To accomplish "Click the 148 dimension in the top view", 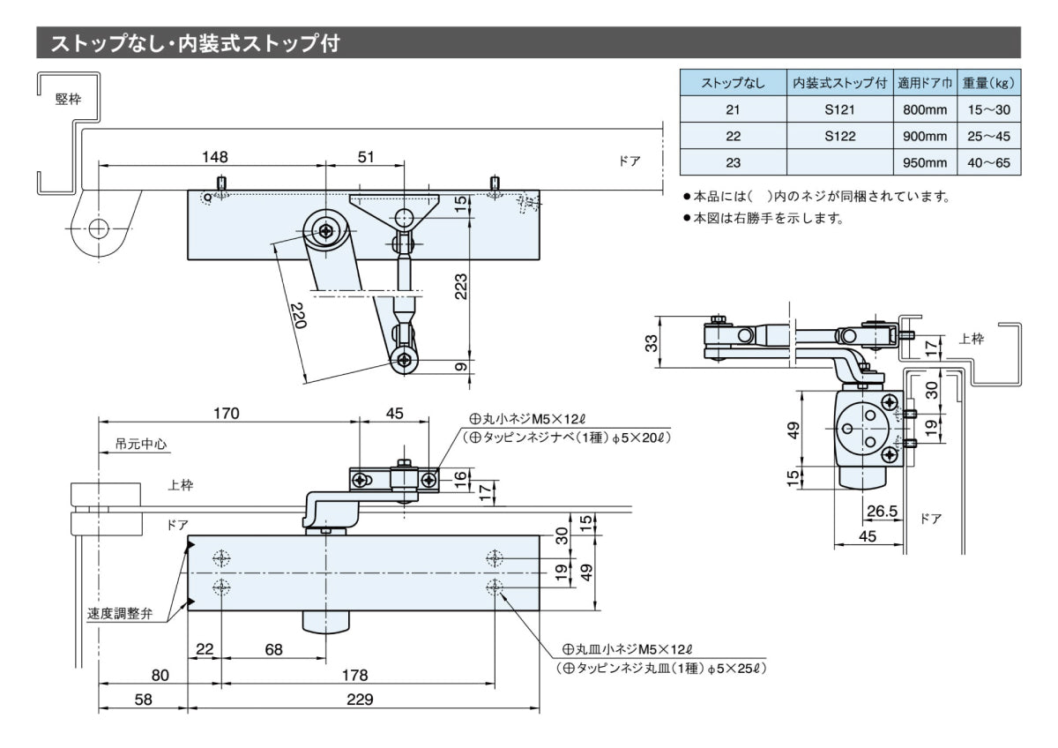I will pos(214,157).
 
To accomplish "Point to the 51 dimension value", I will pos(366,157).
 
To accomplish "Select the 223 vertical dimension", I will pos(460,284).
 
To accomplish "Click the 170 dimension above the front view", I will pos(226,413).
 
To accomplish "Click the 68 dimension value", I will pos(273,649).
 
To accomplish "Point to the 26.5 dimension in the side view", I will pos(881,510).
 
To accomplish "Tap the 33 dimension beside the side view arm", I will pos(652,342).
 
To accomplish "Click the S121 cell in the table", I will pos(839,110).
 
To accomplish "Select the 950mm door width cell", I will pos(924,162).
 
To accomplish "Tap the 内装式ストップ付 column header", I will pos(839,84).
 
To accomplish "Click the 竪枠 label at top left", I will pos(68,99).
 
